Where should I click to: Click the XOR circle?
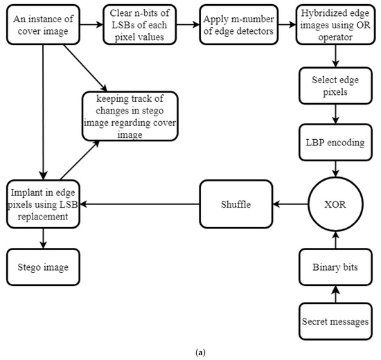click(336, 205)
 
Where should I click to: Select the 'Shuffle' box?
click(236, 205)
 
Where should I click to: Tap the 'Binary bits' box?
click(336, 266)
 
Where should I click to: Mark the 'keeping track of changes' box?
click(130, 116)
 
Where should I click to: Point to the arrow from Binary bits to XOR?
click(336, 239)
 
